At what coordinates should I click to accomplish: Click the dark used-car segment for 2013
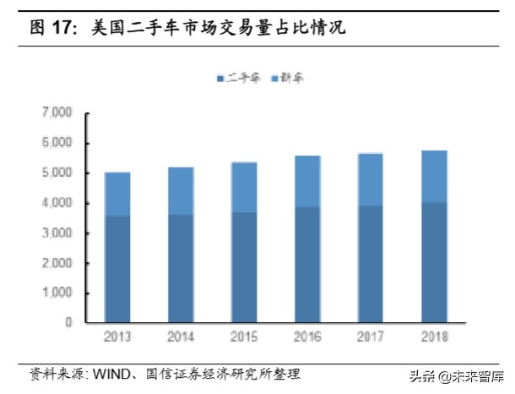point(117,269)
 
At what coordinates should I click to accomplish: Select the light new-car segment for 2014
point(181,191)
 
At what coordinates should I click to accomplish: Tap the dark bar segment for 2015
point(244,267)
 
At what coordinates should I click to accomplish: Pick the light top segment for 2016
point(308,182)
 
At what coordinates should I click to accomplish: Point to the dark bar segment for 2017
point(371,264)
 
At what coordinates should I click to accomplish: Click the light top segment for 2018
point(435,177)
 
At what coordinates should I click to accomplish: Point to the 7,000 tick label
point(57,112)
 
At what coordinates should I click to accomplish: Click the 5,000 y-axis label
point(57,172)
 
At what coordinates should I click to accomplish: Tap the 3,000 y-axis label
point(57,233)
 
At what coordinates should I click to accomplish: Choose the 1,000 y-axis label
point(57,293)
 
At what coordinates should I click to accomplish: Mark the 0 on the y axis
point(68,322)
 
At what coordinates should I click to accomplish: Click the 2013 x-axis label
point(117,337)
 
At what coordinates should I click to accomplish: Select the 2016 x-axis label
point(308,337)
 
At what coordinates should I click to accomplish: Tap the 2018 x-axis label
point(435,337)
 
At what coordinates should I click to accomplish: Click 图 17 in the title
point(50,28)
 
